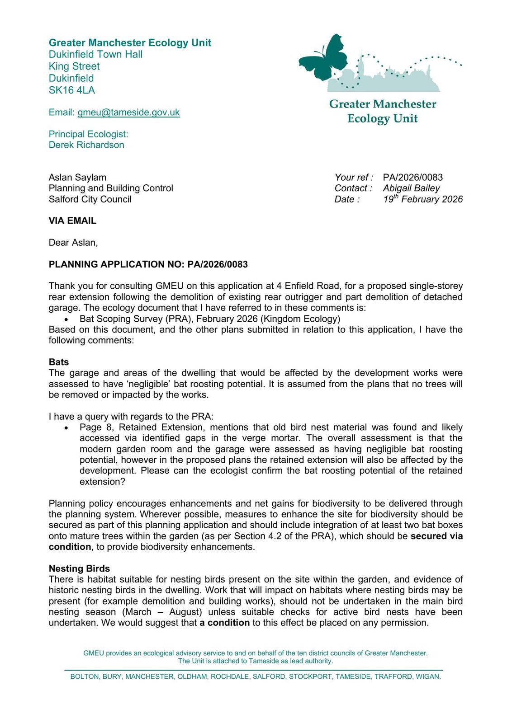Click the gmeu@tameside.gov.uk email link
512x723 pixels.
(x=128, y=113)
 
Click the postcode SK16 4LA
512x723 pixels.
(x=72, y=90)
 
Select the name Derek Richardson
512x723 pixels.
(x=86, y=145)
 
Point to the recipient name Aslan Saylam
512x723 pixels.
(x=77, y=178)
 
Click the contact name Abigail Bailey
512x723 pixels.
(x=411, y=188)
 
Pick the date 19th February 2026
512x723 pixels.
(x=422, y=199)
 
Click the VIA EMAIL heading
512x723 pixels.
(x=72, y=221)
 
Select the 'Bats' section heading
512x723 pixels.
(x=59, y=362)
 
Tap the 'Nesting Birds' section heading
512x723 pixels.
(x=79, y=568)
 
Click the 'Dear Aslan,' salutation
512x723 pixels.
(x=73, y=243)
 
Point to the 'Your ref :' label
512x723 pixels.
(x=354, y=178)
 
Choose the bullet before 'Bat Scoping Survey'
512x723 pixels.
(x=66, y=319)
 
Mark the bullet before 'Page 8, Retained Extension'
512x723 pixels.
(x=66, y=428)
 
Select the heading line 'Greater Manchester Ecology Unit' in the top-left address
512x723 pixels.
(x=130, y=43)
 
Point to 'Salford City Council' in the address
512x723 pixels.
(x=90, y=199)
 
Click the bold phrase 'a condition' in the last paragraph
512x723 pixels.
(x=225, y=623)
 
